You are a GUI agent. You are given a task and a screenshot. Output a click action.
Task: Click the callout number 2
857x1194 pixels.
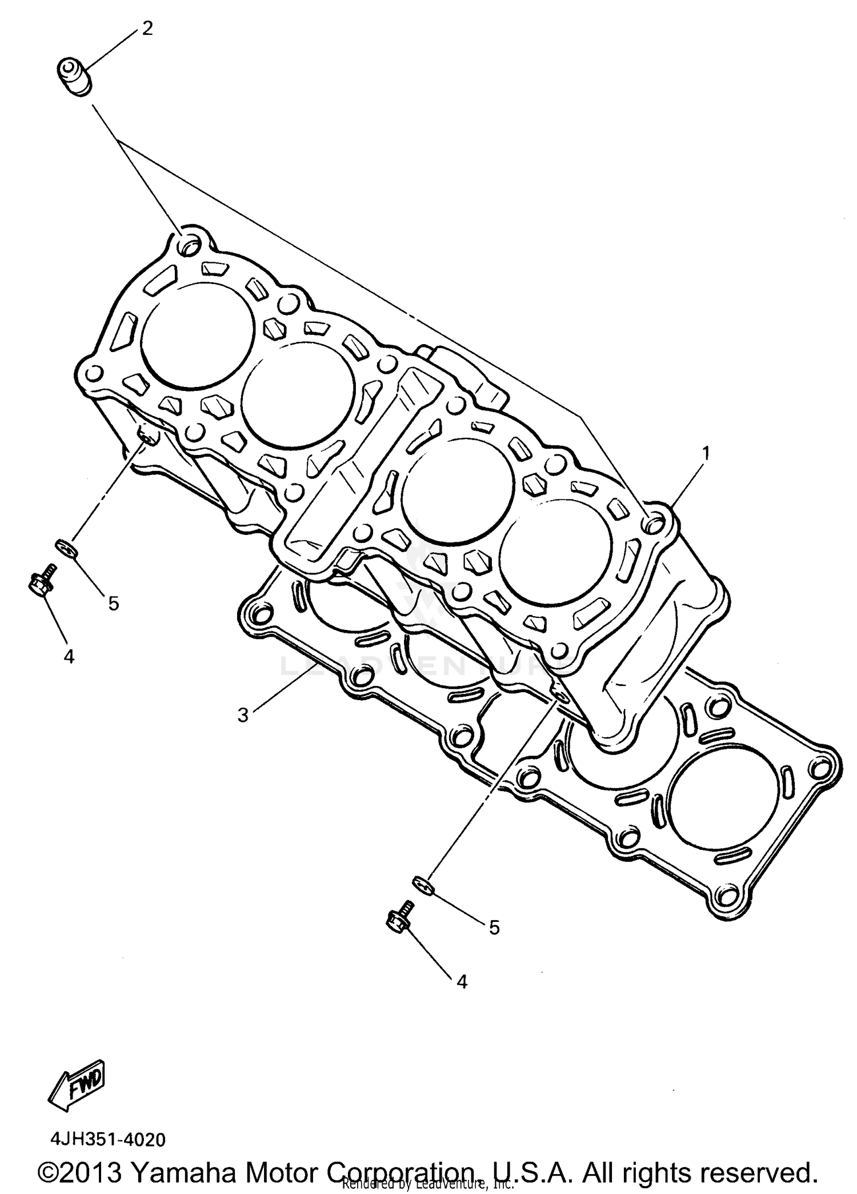point(147,29)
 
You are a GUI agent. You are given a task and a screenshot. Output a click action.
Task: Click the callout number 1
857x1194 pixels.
point(706,453)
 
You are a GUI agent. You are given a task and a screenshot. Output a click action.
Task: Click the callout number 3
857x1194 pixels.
point(243,714)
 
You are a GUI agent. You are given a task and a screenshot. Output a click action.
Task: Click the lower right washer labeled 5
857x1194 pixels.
point(423,885)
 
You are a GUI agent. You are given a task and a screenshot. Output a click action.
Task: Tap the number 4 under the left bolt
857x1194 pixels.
point(69,657)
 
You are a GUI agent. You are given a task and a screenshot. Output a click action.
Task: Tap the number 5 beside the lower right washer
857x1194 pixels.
point(494,927)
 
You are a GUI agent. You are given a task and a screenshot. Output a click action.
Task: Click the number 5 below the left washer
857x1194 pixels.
point(113,602)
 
